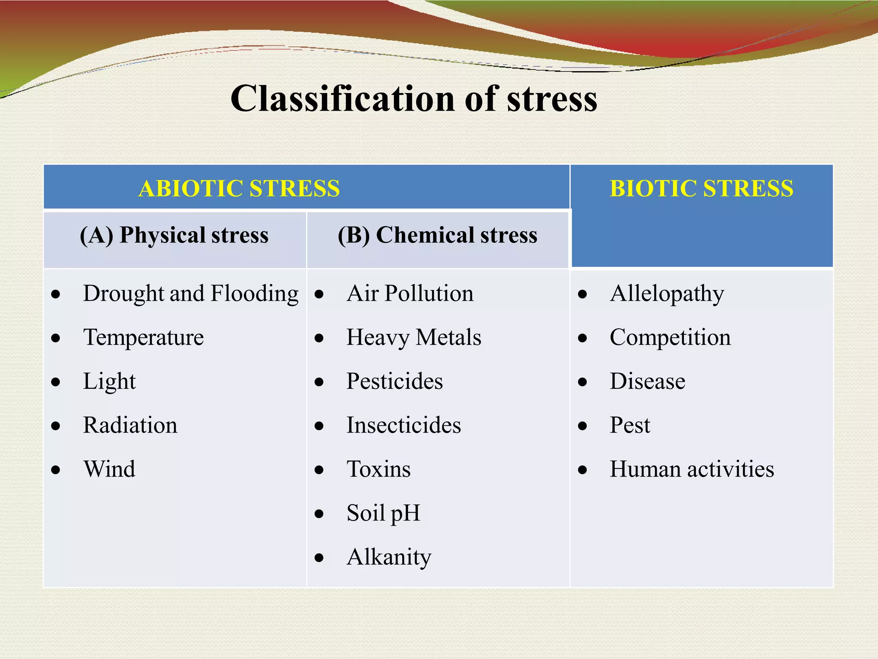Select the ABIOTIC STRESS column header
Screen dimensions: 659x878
point(239,188)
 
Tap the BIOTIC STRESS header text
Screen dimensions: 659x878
point(701,188)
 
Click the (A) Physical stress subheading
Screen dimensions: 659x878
point(174,235)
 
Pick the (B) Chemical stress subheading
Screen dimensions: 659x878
point(437,235)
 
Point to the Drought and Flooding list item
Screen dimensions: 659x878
point(191,294)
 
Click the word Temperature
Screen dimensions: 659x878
point(143,338)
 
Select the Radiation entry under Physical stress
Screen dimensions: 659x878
point(130,425)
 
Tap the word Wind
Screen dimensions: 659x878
point(109,469)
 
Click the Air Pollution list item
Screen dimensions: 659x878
point(410,294)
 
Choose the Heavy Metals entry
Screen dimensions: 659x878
point(414,338)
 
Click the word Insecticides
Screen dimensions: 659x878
point(403,425)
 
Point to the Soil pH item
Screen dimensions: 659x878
point(383,513)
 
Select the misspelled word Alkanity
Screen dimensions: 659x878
point(389,557)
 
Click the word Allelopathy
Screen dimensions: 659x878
point(667,294)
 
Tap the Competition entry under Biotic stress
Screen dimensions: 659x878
point(670,338)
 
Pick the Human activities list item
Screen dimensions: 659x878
point(692,469)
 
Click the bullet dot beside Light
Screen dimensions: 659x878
point(56,382)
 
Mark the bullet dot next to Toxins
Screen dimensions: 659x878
point(319,470)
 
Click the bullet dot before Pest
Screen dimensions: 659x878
point(582,426)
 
